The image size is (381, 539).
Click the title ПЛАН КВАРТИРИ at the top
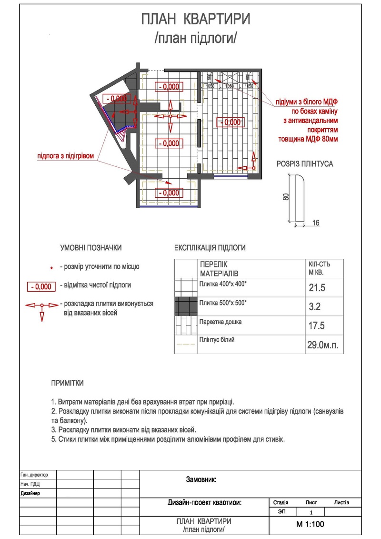[x=196, y=20]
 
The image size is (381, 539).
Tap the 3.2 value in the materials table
[x=314, y=307]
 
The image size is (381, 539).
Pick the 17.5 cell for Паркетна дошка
[x=317, y=326]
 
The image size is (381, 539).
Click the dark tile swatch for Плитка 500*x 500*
[x=186, y=306]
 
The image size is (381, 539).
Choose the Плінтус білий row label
[x=218, y=340]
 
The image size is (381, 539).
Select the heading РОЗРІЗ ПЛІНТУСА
[x=305, y=164]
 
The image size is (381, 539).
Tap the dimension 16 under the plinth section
[x=316, y=223]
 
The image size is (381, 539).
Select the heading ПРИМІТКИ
[x=68, y=383]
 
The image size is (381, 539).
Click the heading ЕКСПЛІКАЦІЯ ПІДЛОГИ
[x=210, y=248]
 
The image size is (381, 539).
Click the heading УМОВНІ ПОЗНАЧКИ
[x=91, y=248]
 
